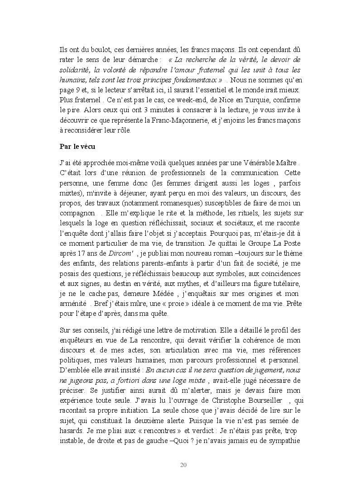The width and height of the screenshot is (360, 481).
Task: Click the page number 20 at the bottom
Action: point(183,465)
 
